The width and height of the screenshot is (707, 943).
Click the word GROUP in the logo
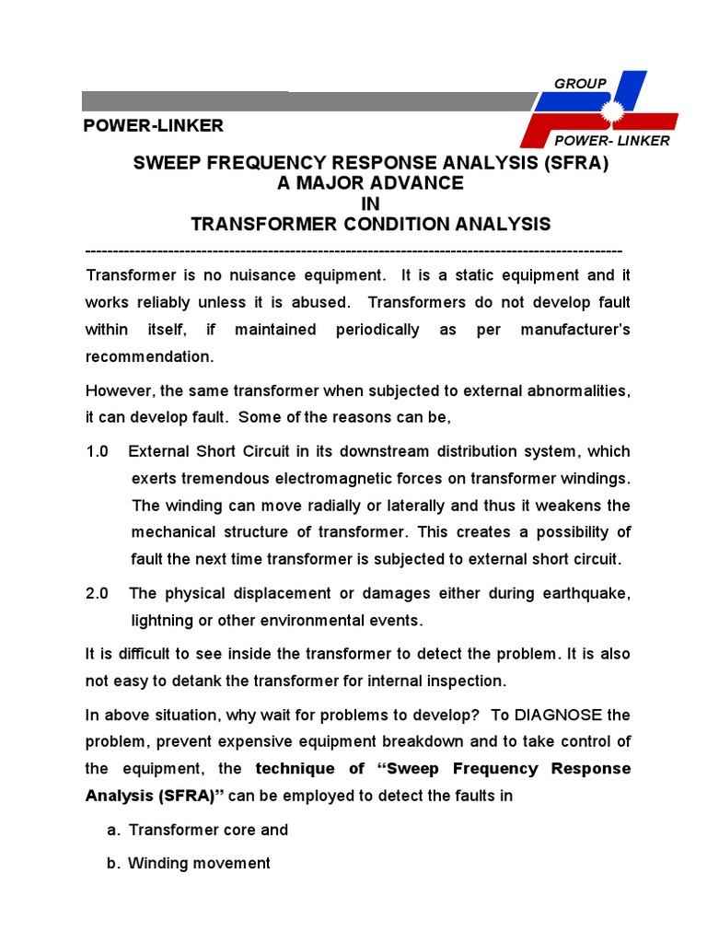tap(580, 84)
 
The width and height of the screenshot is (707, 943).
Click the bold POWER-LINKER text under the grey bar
tap(154, 125)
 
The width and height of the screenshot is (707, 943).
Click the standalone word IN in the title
tap(370, 204)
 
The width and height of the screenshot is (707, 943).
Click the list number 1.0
tap(98, 451)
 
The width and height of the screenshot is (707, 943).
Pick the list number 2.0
tap(98, 594)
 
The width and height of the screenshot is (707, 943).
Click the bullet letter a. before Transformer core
tap(113, 830)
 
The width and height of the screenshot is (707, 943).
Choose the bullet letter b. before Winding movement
tap(113, 864)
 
